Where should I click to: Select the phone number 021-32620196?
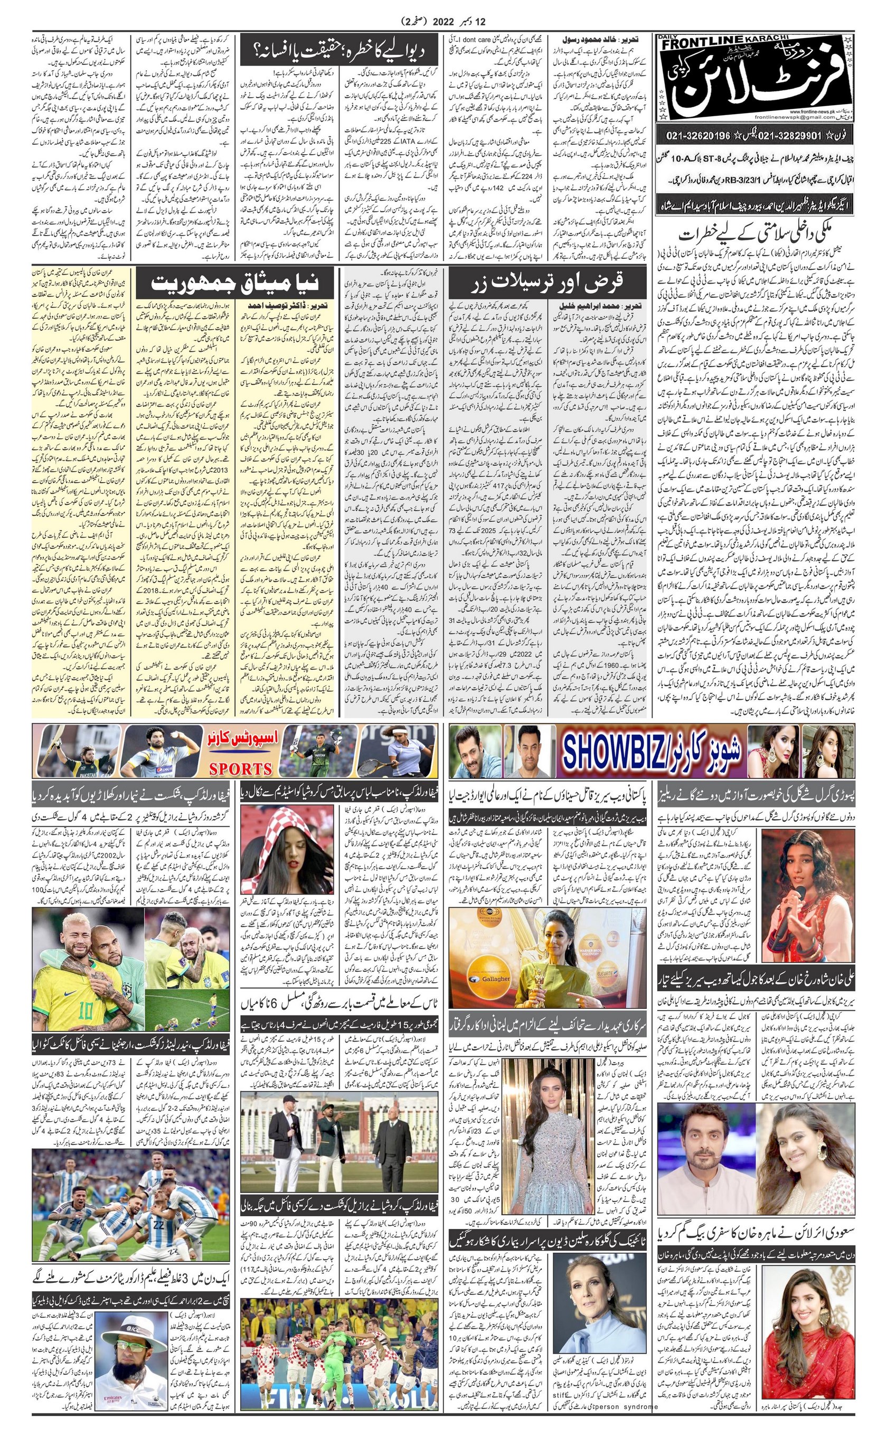tap(699, 136)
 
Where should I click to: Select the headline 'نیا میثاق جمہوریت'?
tap(234, 284)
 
